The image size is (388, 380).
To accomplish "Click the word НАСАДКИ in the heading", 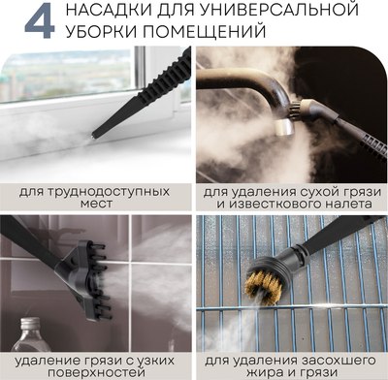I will click(x=100, y=12).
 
